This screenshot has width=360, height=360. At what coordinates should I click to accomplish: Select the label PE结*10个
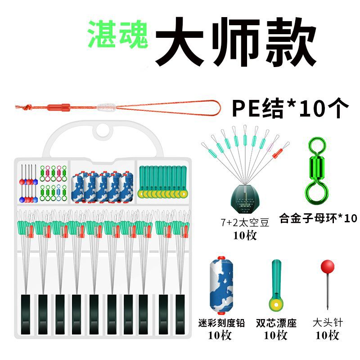290,108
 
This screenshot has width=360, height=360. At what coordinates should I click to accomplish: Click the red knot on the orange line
59,108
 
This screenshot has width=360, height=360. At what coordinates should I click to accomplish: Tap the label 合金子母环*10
318,218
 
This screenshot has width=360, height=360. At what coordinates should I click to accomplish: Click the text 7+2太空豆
244,222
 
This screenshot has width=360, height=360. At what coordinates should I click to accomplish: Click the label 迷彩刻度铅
221,323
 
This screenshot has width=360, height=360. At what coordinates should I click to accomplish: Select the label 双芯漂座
276,323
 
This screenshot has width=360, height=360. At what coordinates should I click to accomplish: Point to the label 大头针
328,323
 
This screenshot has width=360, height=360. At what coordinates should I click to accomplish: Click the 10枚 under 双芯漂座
276,335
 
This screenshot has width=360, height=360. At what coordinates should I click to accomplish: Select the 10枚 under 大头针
328,335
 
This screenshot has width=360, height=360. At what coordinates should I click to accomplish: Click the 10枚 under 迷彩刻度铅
221,335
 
